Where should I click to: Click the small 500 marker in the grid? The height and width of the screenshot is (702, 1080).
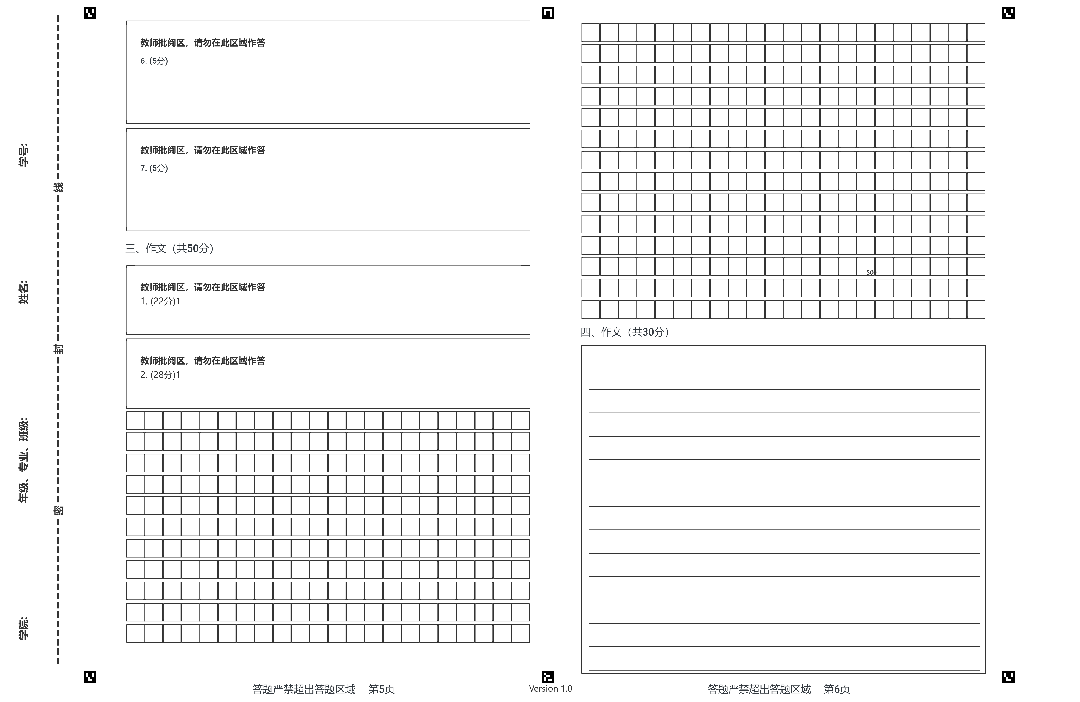pos(871,272)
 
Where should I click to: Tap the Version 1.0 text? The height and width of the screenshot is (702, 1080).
pos(550,688)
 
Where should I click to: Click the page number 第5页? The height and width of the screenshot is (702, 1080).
pos(381,689)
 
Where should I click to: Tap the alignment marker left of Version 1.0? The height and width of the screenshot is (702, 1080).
pos(548,677)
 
